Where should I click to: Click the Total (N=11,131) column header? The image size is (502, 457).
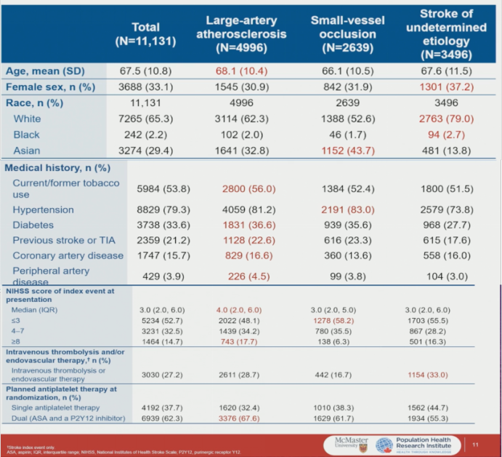[145, 34]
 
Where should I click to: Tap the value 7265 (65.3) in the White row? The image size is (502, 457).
[163, 119]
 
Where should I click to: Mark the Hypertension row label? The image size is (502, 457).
[43, 210]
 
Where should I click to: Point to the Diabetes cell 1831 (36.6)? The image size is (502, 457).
[249, 226]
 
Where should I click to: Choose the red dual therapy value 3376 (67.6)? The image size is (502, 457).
[249, 418]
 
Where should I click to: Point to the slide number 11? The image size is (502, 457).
[475, 443]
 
